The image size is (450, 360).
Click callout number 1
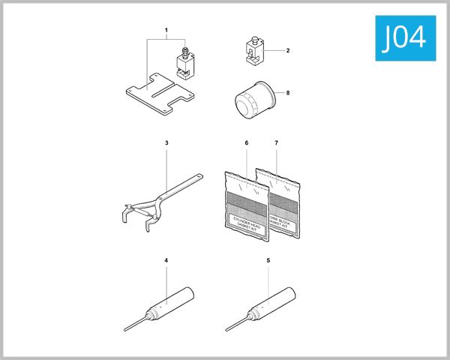coord(166,31)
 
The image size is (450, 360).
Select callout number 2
coord(287,50)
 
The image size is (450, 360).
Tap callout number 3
coord(166,142)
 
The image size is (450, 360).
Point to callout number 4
coord(166,260)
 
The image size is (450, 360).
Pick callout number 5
coord(268,260)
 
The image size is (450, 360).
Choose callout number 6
coord(246,142)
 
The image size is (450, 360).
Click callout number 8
coord(287,94)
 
